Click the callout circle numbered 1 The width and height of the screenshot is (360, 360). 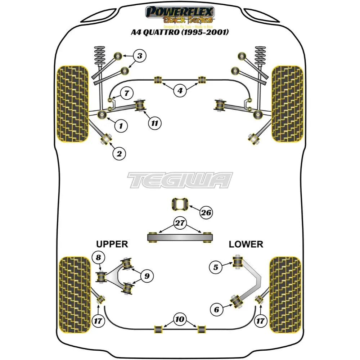point(121,126)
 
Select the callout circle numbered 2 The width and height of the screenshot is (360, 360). point(119,154)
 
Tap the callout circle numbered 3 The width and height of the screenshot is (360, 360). point(140,56)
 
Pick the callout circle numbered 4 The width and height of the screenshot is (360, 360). point(180,91)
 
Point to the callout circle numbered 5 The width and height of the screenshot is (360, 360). point(216,267)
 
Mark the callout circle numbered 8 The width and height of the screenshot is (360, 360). point(98,257)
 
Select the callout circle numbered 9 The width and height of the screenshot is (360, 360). point(147,276)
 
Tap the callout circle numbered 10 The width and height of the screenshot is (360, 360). point(180,319)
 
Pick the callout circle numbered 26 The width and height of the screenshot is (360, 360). point(206,213)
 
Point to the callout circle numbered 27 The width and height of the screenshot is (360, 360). point(180,223)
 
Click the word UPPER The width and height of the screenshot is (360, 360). point(112,244)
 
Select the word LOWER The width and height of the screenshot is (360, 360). point(246,244)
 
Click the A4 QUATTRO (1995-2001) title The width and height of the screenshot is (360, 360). point(180,32)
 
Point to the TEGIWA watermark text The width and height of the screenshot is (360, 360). point(180,180)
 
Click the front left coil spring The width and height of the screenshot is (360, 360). point(99,58)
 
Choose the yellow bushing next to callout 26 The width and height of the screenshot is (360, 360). point(180,205)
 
